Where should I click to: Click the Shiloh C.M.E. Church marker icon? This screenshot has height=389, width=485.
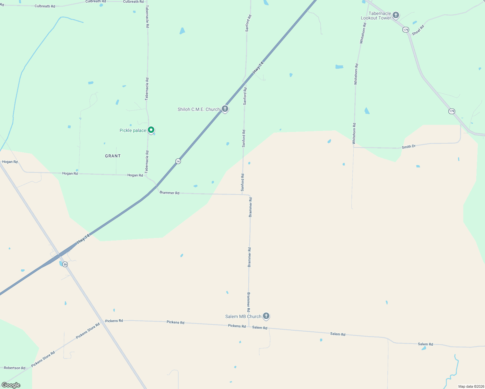(225, 109)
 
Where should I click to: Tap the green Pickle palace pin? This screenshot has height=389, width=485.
(151, 130)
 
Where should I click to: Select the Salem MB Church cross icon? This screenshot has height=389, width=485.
(266, 316)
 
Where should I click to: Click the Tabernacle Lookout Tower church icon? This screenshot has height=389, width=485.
(396, 15)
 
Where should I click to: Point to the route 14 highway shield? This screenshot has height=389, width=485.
(178, 161)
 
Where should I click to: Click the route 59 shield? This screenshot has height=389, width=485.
(65, 265)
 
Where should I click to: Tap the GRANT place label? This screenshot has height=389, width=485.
(113, 156)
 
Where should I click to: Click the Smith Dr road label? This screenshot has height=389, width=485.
(408, 147)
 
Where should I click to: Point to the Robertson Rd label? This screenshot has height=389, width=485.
(15, 368)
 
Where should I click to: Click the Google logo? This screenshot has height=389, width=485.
(11, 385)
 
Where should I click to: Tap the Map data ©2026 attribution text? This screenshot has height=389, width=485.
(471, 386)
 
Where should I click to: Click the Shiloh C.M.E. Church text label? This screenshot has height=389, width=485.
(199, 109)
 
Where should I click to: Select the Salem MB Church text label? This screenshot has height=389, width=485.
(243, 316)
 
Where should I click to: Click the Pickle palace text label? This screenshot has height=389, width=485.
(133, 130)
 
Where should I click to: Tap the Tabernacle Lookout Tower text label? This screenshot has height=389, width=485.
(376, 16)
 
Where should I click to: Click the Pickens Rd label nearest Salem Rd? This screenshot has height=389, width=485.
(237, 326)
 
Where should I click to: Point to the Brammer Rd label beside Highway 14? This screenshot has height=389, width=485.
(170, 193)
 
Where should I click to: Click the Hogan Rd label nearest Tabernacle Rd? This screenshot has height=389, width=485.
(135, 175)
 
